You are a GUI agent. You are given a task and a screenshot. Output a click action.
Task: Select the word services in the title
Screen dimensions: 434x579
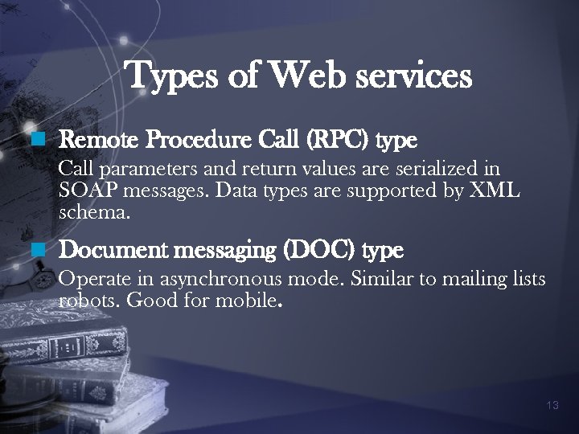click(414, 76)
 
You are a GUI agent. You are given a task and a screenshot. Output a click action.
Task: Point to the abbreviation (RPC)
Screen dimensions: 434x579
click(326, 141)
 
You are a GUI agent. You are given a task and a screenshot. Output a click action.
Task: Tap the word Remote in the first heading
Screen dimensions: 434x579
click(96, 141)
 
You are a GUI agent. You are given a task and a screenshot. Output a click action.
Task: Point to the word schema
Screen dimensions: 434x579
click(92, 214)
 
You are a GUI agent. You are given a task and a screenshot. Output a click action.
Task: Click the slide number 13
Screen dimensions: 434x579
click(552, 405)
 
